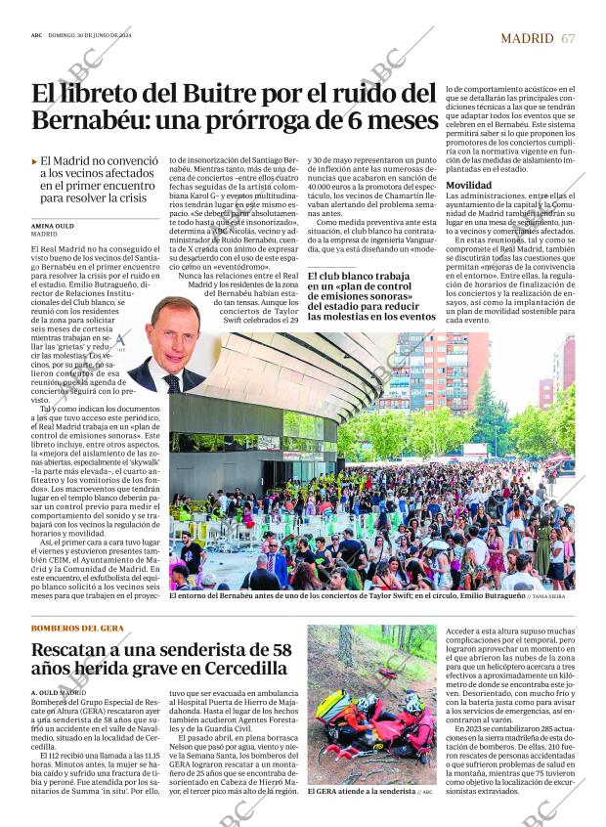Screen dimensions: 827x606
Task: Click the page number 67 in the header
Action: click(569, 38)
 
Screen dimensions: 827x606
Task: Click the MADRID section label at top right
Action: click(527, 38)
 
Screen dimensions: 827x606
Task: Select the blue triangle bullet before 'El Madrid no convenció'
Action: click(34, 160)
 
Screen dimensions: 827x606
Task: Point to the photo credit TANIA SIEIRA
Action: click(550, 595)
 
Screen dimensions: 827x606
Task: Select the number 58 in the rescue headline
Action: click(281, 648)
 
